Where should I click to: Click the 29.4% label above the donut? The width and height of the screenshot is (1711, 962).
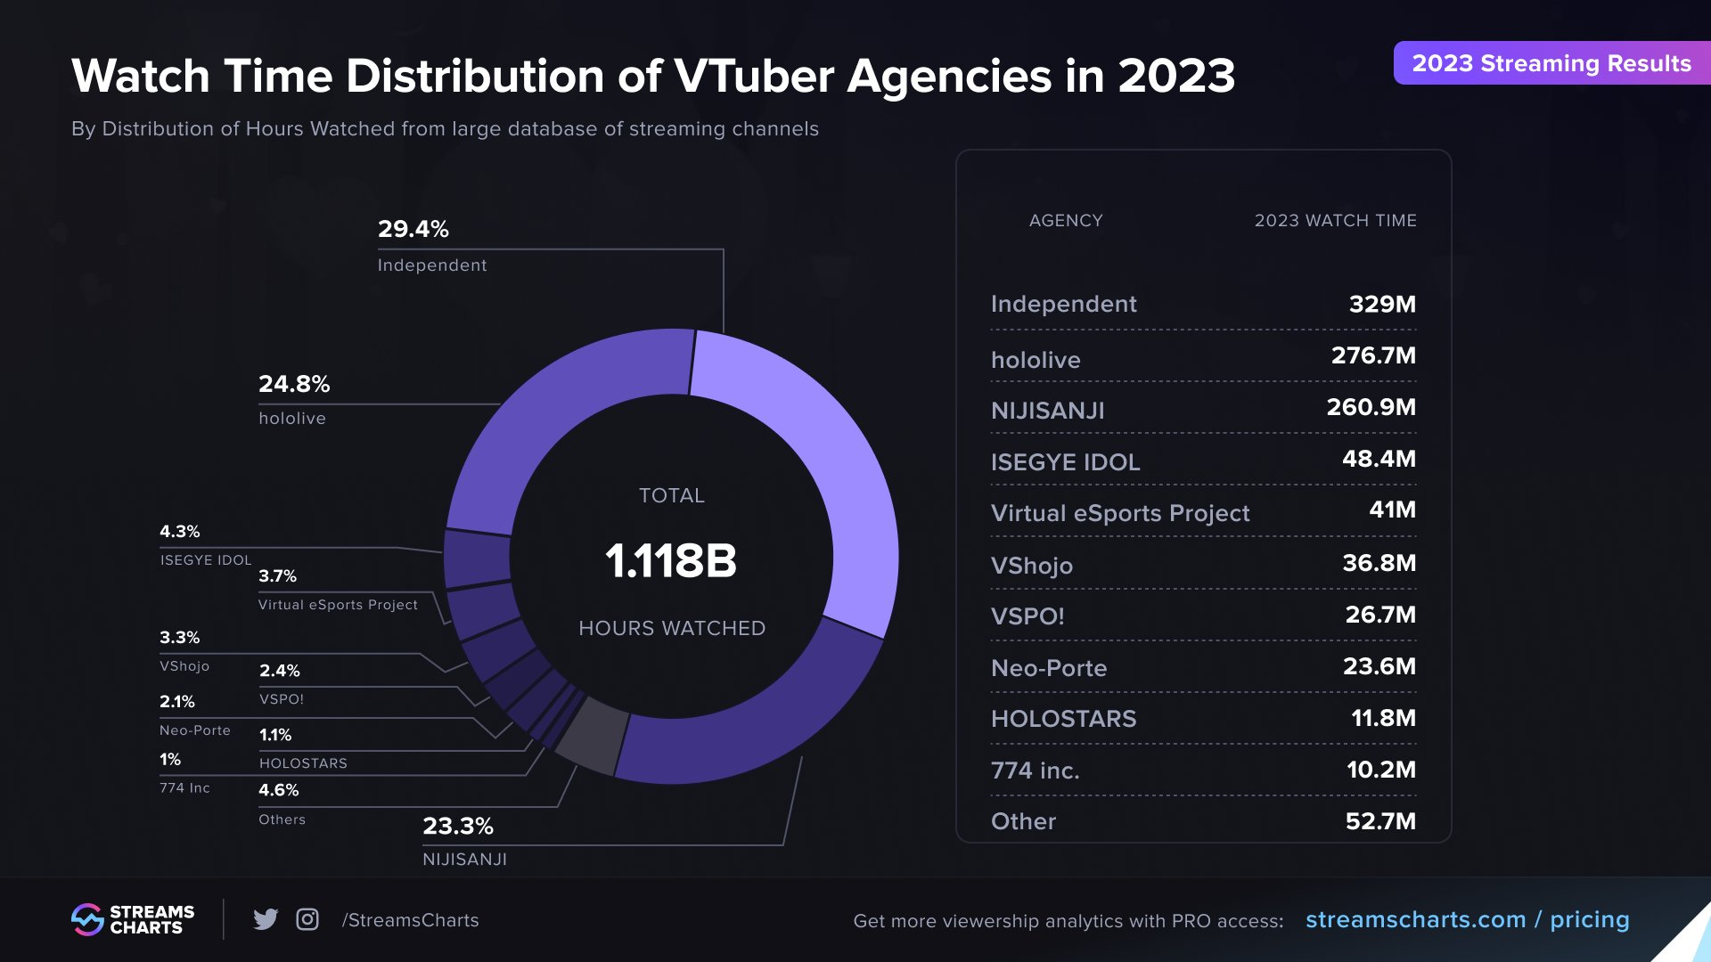(x=413, y=229)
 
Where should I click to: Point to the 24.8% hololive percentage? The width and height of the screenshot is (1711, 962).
(x=294, y=384)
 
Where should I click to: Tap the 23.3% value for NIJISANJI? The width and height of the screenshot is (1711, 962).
(x=457, y=826)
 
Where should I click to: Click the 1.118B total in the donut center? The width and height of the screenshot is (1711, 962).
(x=671, y=561)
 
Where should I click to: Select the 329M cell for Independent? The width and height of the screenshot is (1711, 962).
(x=1381, y=304)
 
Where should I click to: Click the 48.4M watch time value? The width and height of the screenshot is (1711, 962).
(x=1379, y=459)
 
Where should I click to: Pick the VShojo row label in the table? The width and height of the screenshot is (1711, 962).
(x=1031, y=566)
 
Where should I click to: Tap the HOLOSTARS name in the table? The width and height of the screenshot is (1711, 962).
(x=1063, y=719)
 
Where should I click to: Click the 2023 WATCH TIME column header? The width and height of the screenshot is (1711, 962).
(x=1335, y=220)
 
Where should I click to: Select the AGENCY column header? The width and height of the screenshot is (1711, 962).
(x=1066, y=220)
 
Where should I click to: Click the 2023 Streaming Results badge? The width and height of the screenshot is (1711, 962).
(x=1551, y=63)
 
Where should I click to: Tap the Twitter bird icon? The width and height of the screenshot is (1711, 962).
(x=266, y=919)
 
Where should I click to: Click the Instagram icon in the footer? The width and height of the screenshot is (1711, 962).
(x=307, y=919)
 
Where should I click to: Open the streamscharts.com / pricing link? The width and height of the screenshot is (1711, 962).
(x=1467, y=919)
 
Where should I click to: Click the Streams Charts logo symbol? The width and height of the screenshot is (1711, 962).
(x=87, y=919)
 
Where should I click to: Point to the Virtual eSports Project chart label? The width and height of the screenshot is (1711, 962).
(x=338, y=605)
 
